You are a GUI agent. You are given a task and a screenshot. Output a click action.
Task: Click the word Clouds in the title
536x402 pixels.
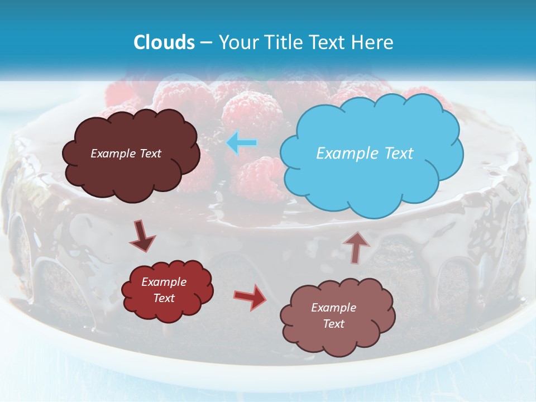pyautogui.click(x=164, y=42)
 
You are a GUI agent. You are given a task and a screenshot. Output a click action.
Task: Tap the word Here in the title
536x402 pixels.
pyautogui.click(x=374, y=42)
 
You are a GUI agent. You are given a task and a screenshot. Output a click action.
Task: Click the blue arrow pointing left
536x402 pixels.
pyautogui.click(x=242, y=143)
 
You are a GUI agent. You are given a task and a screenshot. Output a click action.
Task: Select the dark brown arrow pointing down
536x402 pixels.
pyautogui.click(x=143, y=236)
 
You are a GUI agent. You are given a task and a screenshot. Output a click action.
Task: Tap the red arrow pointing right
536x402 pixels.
pyautogui.click(x=250, y=297)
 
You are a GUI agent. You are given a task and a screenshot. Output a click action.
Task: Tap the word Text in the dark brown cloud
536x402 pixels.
pyautogui.click(x=150, y=154)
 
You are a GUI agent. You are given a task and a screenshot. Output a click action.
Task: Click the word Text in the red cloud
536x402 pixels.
pyautogui.click(x=164, y=298)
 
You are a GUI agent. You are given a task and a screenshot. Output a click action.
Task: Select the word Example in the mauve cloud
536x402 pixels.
pyautogui.click(x=333, y=308)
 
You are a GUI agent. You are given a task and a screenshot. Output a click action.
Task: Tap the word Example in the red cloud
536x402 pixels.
pyautogui.click(x=164, y=282)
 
